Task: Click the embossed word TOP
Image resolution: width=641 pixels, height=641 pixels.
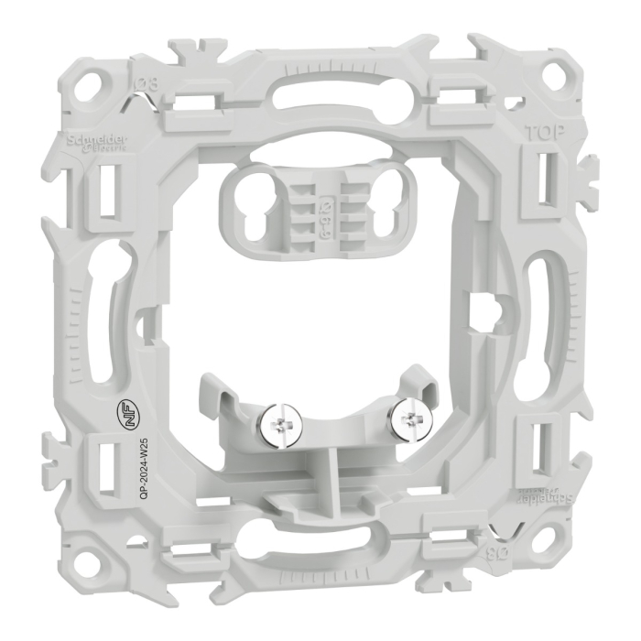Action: pyautogui.click(x=542, y=132)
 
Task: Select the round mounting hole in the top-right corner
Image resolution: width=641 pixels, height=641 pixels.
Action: pyautogui.click(x=551, y=66)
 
